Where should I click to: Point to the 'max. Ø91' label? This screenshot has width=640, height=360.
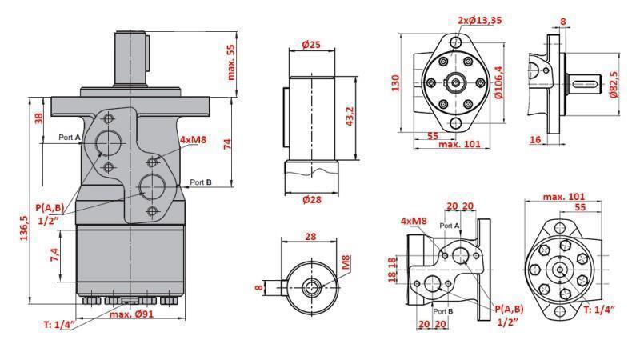[x=132, y=314]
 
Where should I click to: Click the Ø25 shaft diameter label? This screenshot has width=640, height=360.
[x=311, y=45]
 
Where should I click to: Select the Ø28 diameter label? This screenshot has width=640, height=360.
[x=311, y=200]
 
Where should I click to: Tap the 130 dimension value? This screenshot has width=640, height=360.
[x=394, y=82]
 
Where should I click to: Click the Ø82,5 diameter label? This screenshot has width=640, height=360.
[x=614, y=82]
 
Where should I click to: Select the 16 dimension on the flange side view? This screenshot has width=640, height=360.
[x=536, y=139]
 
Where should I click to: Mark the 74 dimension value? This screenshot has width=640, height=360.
[x=227, y=144]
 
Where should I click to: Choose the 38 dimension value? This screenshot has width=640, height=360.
[x=38, y=118]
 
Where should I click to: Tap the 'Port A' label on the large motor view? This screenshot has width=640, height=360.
[x=70, y=138]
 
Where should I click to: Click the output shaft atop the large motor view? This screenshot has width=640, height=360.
[x=133, y=56]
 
